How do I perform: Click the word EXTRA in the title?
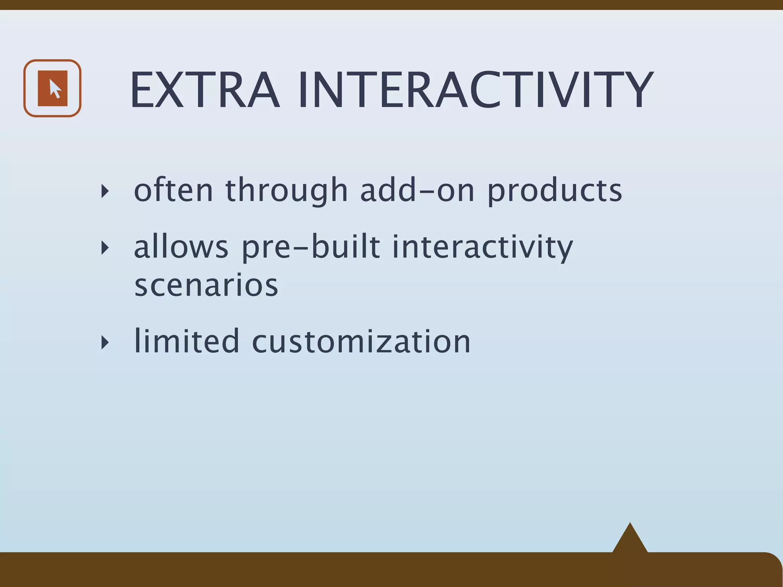click(x=205, y=91)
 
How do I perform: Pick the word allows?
click(x=181, y=246)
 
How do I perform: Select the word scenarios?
click(x=206, y=285)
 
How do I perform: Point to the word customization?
click(x=361, y=341)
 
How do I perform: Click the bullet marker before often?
click(x=105, y=191)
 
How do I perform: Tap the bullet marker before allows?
click(x=105, y=248)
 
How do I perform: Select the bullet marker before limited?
click(x=105, y=342)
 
